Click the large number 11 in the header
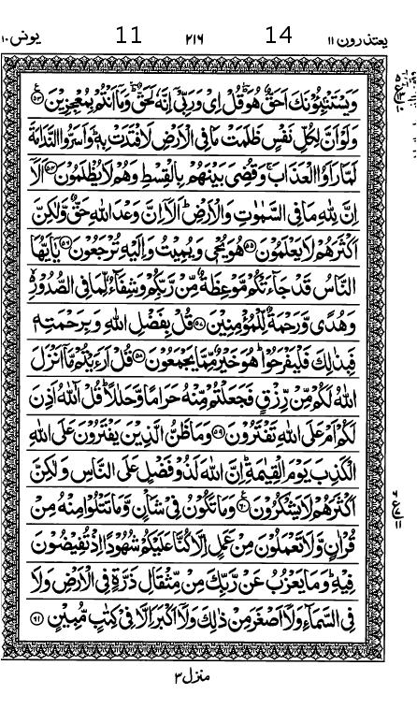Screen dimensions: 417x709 coord(129,36)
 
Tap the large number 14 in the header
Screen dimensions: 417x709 coord(279,36)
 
